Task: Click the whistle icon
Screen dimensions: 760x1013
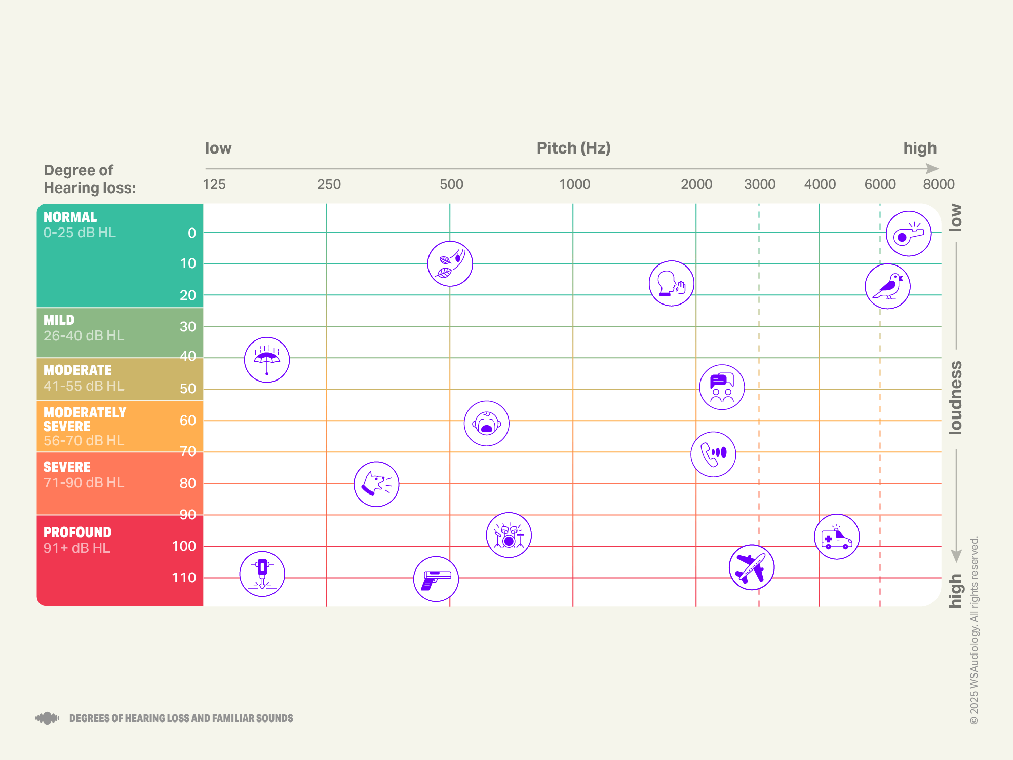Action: pos(909,234)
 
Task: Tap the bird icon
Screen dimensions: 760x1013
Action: pos(887,286)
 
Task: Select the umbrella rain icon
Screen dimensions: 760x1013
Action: pos(267,360)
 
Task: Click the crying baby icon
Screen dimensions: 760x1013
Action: pos(486,424)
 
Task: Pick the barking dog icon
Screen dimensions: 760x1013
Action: pos(376,484)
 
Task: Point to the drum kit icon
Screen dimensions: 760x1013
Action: pos(509,535)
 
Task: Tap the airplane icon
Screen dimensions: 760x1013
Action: pos(751,567)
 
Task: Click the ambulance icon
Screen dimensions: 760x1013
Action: pos(837,537)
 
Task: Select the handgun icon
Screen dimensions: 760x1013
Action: pos(436,579)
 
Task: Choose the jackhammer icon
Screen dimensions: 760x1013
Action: pos(262,574)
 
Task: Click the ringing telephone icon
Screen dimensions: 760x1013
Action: pos(713,454)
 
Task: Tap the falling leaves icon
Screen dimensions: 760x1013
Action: pos(450,263)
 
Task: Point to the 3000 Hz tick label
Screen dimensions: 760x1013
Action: pos(759,184)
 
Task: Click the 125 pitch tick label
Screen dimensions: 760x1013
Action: pos(214,184)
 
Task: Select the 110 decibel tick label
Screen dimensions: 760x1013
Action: pos(184,578)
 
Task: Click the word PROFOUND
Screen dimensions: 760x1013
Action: pos(77,532)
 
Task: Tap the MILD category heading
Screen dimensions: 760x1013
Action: pos(59,320)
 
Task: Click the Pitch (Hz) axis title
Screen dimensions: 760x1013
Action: pos(573,148)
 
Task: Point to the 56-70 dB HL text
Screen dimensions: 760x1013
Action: pos(84,441)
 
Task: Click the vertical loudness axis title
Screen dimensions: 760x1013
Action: pos(955,398)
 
